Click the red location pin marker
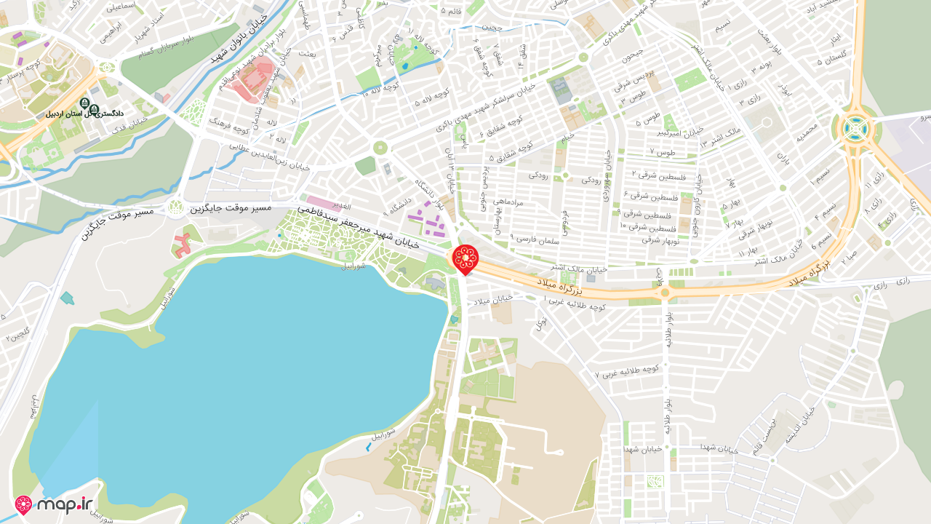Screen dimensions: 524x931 click(x=465, y=259)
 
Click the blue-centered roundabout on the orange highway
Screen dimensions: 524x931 click(x=856, y=129)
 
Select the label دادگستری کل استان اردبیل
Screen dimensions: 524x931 click(x=85, y=114)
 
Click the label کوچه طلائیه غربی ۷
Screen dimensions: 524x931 click(x=627, y=371)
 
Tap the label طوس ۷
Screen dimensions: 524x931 click(x=666, y=152)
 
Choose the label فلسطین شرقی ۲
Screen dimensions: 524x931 click(x=654, y=175)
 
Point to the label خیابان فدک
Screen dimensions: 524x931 click(x=130, y=126)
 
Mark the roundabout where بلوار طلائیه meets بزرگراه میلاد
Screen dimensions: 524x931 click(x=664, y=293)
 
